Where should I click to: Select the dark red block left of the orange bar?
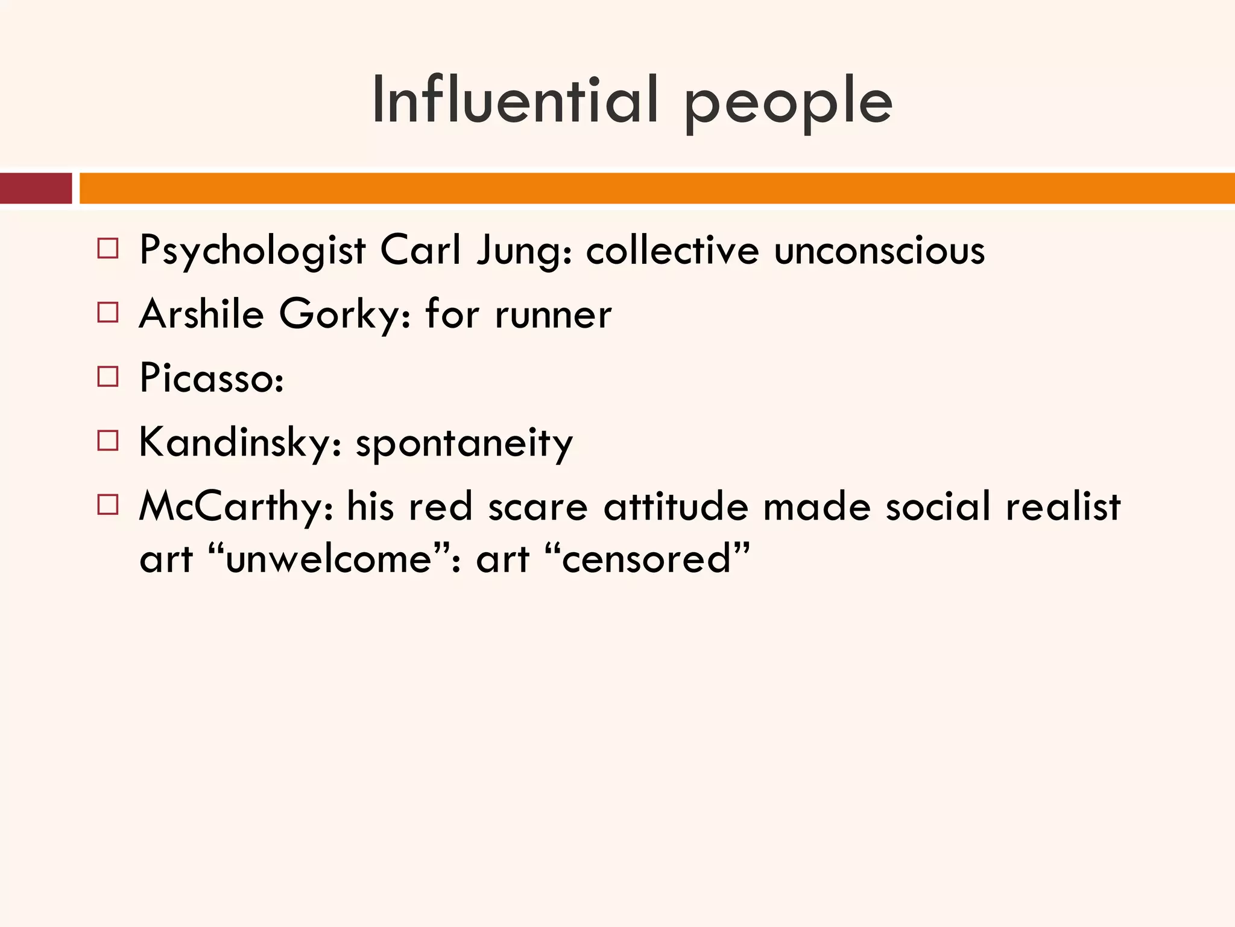(x=36, y=188)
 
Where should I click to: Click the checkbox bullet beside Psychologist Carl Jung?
(x=108, y=249)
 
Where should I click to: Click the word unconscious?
(x=879, y=250)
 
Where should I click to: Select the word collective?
(x=672, y=250)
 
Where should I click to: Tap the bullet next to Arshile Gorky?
(x=108, y=313)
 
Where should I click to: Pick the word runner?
(x=553, y=315)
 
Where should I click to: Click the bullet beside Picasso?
(x=108, y=377)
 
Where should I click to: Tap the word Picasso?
(x=211, y=378)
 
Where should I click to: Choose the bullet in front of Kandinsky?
(x=108, y=441)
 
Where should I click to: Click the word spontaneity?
(x=464, y=444)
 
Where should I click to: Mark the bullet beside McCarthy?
(x=108, y=505)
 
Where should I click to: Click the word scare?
(x=537, y=507)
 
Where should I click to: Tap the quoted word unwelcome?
(x=329, y=559)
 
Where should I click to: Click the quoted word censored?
(x=646, y=559)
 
